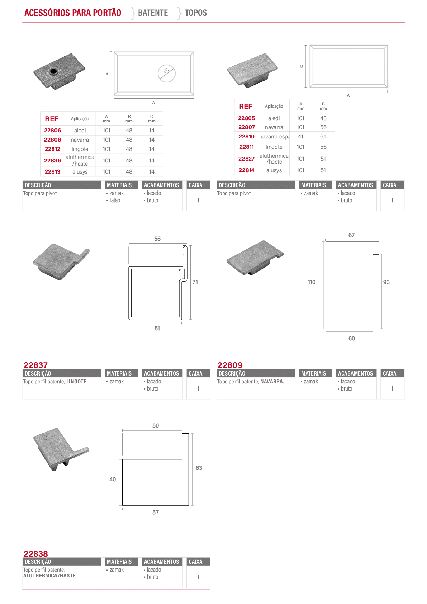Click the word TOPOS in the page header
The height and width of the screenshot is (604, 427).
tap(196, 13)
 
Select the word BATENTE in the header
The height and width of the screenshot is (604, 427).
tap(153, 13)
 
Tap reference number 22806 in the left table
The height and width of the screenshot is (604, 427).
tap(53, 131)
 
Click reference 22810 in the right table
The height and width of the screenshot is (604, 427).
tap(246, 137)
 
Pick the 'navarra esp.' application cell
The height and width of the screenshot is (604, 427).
tap(274, 137)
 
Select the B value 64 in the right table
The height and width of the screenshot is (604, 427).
tap(323, 137)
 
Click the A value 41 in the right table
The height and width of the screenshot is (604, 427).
tap(300, 137)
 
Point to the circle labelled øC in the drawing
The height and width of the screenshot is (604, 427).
tap(167, 73)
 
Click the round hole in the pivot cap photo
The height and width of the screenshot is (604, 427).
tap(53, 71)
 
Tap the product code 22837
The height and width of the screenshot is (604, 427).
tap(35, 365)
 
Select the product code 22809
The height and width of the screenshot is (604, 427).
tap(230, 365)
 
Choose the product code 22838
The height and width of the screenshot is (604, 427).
tap(35, 553)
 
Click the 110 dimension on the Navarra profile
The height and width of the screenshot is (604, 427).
tap(312, 282)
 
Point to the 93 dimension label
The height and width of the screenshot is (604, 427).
tap(386, 282)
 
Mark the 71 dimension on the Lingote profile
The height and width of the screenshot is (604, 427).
tap(195, 282)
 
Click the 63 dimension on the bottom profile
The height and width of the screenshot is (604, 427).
tap(199, 468)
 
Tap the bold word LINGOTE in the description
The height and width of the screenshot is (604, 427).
tap(77, 382)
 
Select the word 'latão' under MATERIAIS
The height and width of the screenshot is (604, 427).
tap(115, 200)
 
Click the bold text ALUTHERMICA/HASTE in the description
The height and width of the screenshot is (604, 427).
tap(49, 575)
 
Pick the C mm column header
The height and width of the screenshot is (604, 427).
tap(152, 119)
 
